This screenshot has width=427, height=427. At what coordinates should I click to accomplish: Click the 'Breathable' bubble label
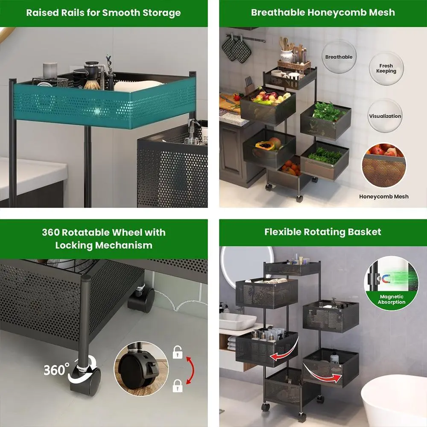339,57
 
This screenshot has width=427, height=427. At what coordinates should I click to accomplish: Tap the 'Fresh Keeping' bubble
386,68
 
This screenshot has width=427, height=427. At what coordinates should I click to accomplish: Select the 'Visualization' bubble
385,116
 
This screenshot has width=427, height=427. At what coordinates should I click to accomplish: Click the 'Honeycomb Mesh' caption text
383,196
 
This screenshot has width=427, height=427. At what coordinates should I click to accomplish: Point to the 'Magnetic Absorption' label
391,299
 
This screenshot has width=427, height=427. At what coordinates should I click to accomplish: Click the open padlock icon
177,352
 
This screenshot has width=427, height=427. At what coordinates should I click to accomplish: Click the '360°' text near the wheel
56,369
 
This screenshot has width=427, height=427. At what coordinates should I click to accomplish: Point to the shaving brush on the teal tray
91,81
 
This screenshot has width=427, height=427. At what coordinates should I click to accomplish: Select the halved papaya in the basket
265,146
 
